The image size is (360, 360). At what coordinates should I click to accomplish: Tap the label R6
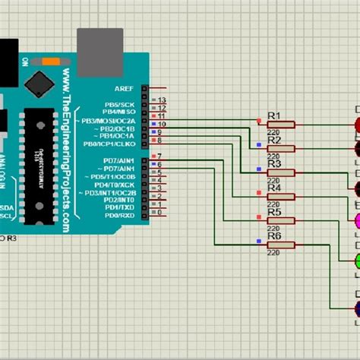click(274, 236)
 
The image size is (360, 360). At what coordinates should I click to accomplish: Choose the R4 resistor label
click(274, 188)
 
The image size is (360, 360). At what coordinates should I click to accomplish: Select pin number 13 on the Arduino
click(162, 100)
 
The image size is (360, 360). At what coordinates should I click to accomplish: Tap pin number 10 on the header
click(162, 124)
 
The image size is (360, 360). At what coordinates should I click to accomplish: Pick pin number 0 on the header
click(161, 216)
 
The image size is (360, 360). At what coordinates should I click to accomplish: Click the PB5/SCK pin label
click(119, 103)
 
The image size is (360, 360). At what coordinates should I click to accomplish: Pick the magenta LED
click(355, 221)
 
